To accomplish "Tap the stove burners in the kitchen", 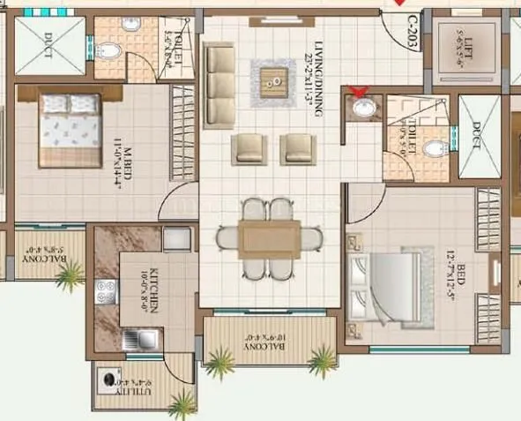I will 107,291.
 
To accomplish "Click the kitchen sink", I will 141,338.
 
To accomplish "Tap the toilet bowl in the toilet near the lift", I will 435,148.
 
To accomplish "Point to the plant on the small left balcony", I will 69,278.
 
